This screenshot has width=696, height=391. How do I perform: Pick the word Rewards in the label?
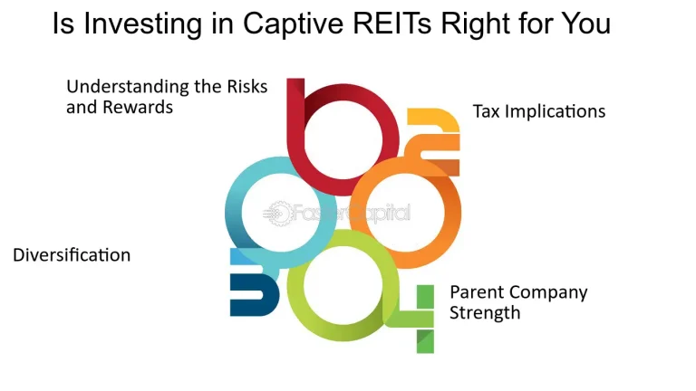[143, 107]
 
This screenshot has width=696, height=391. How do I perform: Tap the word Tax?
[488, 112]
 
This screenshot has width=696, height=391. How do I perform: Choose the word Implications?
[556, 112]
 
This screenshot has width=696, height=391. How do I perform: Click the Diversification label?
[72, 255]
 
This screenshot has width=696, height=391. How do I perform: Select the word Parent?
[478, 293]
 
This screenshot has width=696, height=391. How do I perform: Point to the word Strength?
[486, 313]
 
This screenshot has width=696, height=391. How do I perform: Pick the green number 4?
[422, 317]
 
